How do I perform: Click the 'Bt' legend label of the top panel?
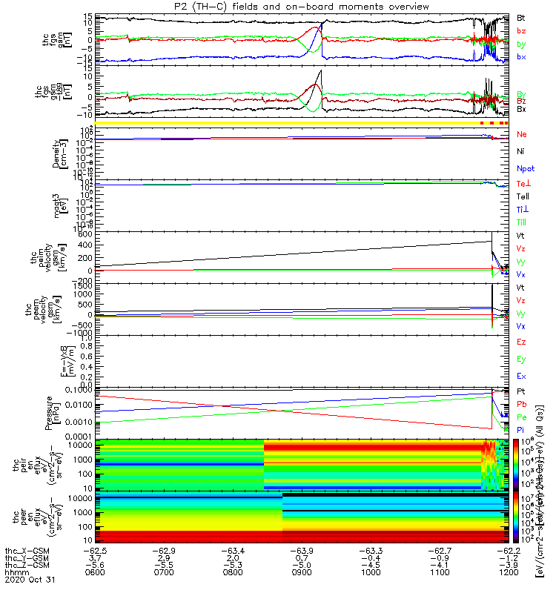(x=521, y=17)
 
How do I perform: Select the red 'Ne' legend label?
(x=522, y=134)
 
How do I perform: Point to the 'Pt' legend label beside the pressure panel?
(x=521, y=391)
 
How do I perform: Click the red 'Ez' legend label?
(x=521, y=342)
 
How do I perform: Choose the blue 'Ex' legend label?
(x=521, y=377)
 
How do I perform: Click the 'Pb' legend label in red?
(x=521, y=405)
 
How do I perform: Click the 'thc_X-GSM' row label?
(x=26, y=551)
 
